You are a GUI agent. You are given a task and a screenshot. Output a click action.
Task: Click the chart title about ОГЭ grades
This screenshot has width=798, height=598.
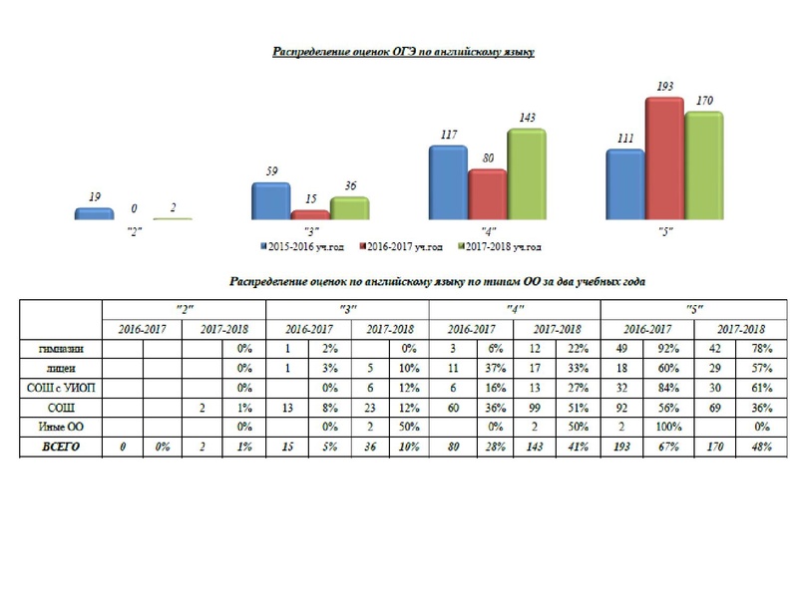click(x=404, y=52)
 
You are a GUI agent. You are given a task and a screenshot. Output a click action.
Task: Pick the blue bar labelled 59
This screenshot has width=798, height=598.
click(x=270, y=200)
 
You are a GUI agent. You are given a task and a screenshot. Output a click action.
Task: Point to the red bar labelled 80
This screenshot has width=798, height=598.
click(x=488, y=193)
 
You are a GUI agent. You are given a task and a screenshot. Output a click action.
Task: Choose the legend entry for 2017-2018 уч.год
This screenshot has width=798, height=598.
click(x=502, y=246)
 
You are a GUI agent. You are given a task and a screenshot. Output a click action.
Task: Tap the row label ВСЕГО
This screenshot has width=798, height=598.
click(x=61, y=448)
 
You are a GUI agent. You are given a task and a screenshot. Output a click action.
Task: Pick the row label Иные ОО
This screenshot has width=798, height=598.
click(x=61, y=427)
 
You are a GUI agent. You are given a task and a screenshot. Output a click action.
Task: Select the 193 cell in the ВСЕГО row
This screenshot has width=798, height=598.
click(x=623, y=448)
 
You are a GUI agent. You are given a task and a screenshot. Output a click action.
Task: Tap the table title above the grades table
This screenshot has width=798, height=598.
click(x=438, y=282)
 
